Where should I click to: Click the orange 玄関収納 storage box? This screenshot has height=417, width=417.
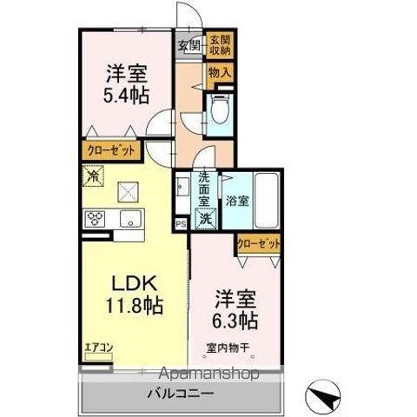(218, 45)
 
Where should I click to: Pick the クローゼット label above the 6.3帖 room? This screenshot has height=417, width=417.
(259, 244)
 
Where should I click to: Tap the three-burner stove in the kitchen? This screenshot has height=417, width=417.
(93, 218)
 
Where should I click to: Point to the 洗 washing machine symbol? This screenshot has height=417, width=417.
(206, 220)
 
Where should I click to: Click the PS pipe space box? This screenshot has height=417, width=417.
(181, 223)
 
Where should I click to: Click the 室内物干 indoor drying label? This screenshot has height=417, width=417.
(228, 349)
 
